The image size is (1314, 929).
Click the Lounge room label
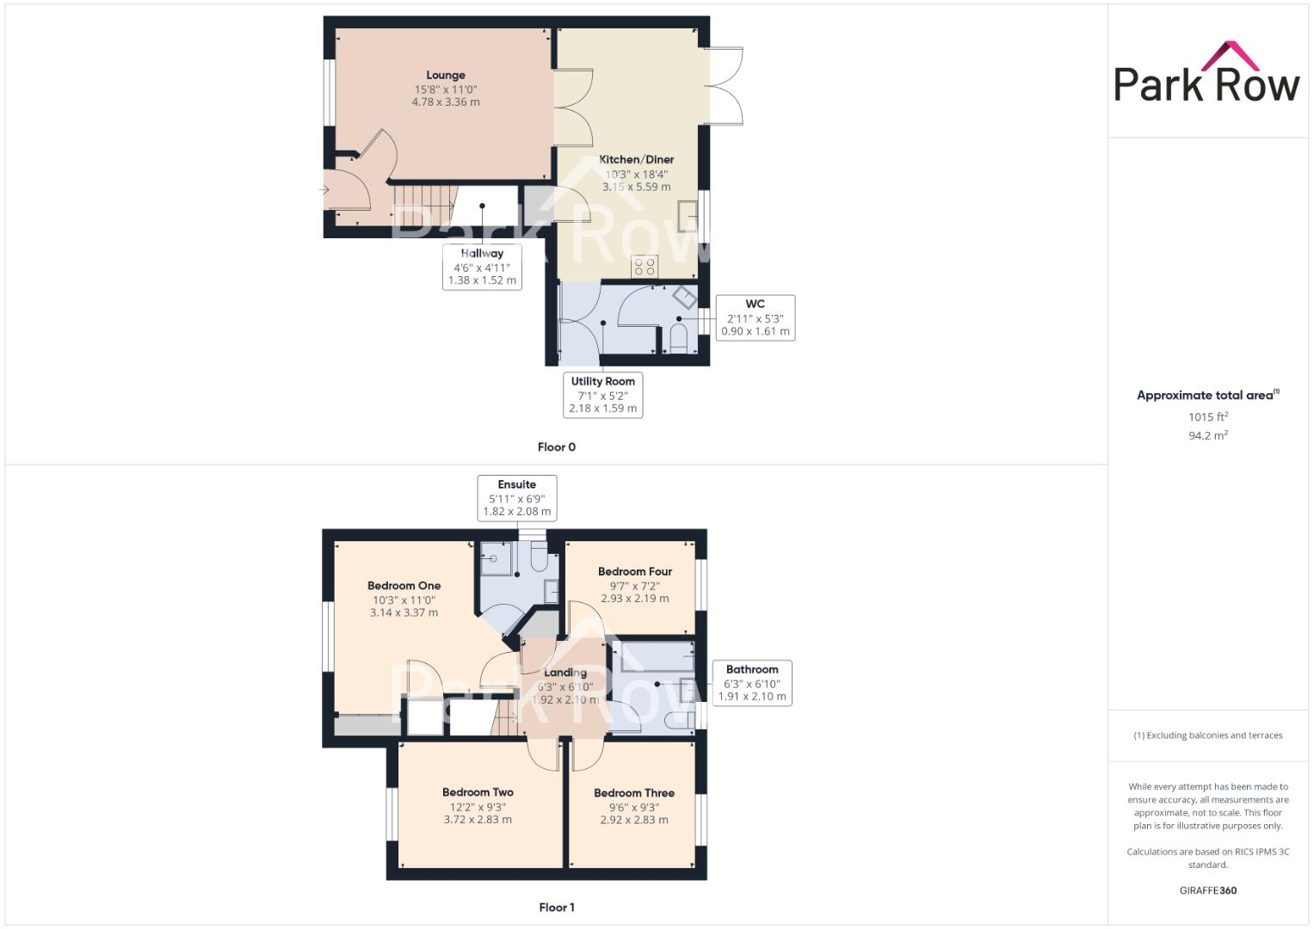point(445,76)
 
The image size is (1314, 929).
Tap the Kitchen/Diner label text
point(636,160)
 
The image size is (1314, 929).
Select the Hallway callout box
point(482,267)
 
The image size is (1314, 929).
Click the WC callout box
point(755,317)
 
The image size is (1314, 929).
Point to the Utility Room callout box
point(602,395)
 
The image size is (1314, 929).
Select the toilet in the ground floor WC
point(677,338)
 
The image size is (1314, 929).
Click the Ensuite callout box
point(516,498)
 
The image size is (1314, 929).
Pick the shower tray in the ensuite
point(495,557)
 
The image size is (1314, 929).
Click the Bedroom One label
point(404,586)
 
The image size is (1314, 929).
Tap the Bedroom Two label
point(478,792)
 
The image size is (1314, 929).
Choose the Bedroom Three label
point(633,793)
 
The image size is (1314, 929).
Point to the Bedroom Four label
point(634,572)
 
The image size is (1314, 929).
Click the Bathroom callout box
point(752,683)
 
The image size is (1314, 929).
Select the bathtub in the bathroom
point(652,656)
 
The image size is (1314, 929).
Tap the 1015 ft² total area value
point(1207,417)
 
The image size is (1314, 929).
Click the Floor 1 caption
point(556,907)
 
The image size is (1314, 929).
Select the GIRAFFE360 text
point(1207,890)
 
